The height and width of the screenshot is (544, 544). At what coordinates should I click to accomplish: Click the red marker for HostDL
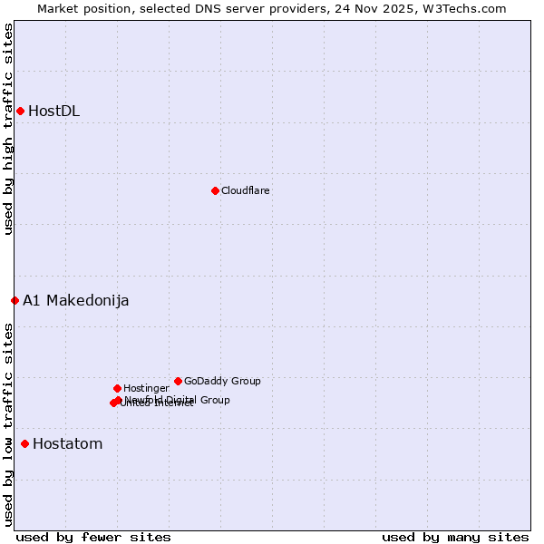(20, 111)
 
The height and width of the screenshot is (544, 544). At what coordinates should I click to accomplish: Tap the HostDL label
(53, 112)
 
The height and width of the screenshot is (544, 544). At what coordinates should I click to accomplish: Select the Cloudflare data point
(215, 190)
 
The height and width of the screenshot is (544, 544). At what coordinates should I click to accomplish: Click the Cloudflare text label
(245, 191)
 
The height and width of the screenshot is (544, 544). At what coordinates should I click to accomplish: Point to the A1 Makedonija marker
(15, 300)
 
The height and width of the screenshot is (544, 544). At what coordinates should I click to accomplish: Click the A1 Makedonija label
(75, 301)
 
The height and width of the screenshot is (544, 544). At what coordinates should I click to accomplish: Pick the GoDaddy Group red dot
(178, 381)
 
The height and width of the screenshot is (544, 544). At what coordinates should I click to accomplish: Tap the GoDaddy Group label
(222, 382)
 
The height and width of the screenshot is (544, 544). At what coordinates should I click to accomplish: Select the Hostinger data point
(117, 388)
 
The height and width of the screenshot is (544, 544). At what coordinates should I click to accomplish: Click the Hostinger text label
(146, 389)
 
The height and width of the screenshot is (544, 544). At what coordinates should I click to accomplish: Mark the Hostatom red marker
(24, 443)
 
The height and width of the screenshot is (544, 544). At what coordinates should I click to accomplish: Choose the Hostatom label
(67, 444)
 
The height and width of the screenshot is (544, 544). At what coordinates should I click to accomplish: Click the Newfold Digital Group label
(178, 400)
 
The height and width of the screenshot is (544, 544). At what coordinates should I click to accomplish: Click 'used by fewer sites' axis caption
(93, 537)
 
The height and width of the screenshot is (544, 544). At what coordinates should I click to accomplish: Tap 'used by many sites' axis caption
(455, 537)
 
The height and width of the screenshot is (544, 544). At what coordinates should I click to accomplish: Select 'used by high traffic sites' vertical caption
(8, 129)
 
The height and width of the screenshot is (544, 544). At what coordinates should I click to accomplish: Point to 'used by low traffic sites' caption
(8, 424)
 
